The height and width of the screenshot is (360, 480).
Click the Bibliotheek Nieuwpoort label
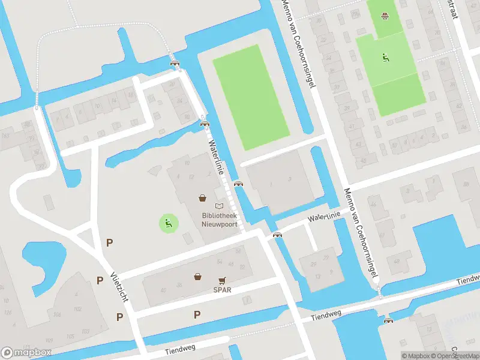coord(219,220)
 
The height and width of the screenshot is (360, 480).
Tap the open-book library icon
coord(218,206)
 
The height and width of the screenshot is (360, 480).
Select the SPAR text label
coord(221,289)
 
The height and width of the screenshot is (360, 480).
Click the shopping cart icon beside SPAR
coord(222,280)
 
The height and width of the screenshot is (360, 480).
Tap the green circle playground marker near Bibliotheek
coord(169,224)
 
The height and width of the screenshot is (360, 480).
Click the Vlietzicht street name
coord(121,286)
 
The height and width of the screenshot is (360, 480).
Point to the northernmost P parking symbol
coord(109,243)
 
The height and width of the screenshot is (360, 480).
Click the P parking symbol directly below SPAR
coord(197,314)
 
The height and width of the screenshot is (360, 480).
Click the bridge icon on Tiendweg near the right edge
coord(389,320)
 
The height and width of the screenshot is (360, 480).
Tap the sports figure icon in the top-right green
coord(385,58)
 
